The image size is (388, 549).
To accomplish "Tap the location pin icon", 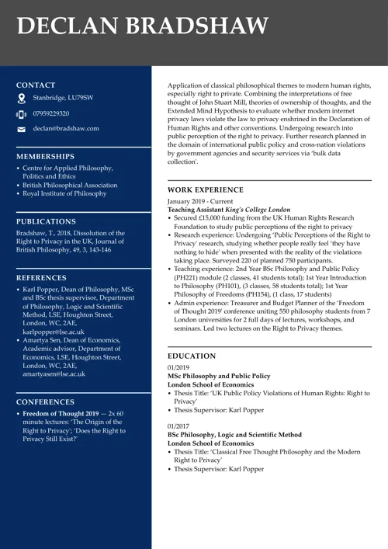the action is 22,99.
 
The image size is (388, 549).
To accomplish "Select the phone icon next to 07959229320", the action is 22,114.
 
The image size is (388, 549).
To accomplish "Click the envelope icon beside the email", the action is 22,129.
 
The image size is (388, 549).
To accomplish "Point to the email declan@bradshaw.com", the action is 66,129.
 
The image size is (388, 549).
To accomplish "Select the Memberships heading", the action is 45,156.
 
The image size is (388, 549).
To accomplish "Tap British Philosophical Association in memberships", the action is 70,186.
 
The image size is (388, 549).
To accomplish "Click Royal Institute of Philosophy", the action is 64,194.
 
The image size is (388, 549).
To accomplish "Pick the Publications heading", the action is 47,221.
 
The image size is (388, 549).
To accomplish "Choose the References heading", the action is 41,277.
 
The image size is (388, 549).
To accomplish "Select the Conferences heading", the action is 46,401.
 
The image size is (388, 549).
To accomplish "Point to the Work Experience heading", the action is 205,189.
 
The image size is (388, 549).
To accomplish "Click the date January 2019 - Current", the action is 200,201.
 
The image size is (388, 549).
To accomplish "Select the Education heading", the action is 192,356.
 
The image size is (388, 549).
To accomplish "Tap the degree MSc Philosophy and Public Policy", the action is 219,376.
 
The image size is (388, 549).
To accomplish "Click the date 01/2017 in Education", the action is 178,426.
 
